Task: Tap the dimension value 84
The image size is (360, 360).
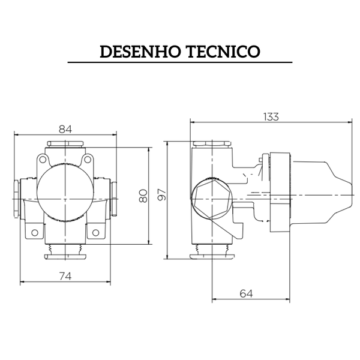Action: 66,129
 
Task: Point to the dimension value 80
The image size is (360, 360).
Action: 143,196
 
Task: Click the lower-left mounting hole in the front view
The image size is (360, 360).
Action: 35,232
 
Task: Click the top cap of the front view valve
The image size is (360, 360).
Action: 66,144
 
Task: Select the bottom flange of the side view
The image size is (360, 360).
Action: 211,257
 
